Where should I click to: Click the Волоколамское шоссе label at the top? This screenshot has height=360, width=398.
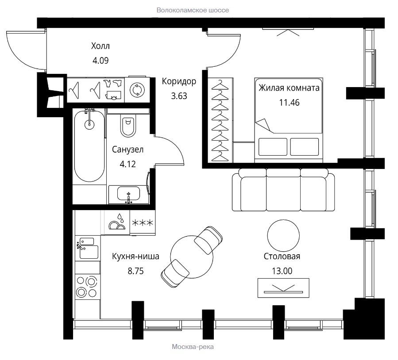click(x=193, y=10)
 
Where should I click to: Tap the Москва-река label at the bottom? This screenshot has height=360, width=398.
click(x=193, y=347)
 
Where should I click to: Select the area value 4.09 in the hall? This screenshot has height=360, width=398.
click(x=100, y=61)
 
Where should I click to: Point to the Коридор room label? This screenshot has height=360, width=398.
click(x=179, y=81)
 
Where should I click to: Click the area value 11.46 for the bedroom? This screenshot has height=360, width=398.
click(x=290, y=103)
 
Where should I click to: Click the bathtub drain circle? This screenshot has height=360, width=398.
click(x=89, y=124)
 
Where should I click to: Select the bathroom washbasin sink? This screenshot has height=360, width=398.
click(x=128, y=194)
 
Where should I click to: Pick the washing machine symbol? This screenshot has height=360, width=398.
click(x=137, y=90)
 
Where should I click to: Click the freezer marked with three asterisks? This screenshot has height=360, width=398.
click(x=143, y=223)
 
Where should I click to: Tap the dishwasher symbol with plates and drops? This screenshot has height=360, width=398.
click(x=117, y=222)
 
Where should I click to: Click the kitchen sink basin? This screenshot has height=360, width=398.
click(x=89, y=252)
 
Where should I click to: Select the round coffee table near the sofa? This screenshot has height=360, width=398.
click(x=283, y=236)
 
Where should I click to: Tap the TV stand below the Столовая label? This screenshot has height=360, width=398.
click(x=283, y=288)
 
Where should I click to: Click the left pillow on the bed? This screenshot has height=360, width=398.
click(x=273, y=147)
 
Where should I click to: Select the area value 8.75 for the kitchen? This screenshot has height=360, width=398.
click(x=135, y=271)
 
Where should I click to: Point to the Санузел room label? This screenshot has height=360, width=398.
click(x=128, y=149)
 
